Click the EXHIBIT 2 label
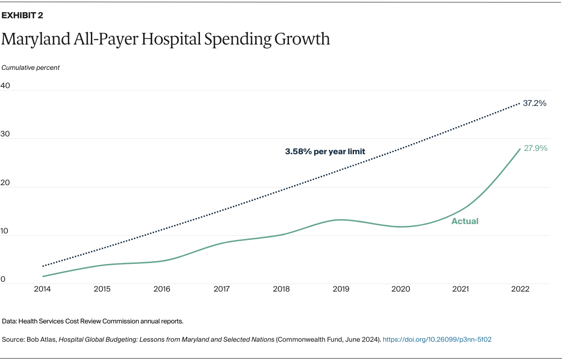pyautogui.click(x=22, y=15)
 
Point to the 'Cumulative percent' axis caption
pyautogui.click(x=30, y=67)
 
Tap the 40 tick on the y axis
pyautogui.click(x=6, y=85)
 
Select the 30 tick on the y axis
pyautogui.click(x=6, y=134)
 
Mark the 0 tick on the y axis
pyautogui.click(x=3, y=279)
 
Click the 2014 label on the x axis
pyautogui.click(x=43, y=289)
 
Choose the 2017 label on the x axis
pyautogui.click(x=222, y=289)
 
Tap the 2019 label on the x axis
pyautogui.click(x=341, y=289)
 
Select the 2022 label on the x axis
pyautogui.click(x=520, y=289)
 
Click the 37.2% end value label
pyautogui.click(x=535, y=103)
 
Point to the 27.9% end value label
pyautogui.click(x=535, y=149)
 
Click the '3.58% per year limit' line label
pyautogui.click(x=325, y=151)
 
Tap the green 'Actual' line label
pyautogui.click(x=465, y=221)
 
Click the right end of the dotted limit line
pyautogui.click(x=519, y=103)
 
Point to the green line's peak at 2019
pyautogui.click(x=341, y=219)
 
